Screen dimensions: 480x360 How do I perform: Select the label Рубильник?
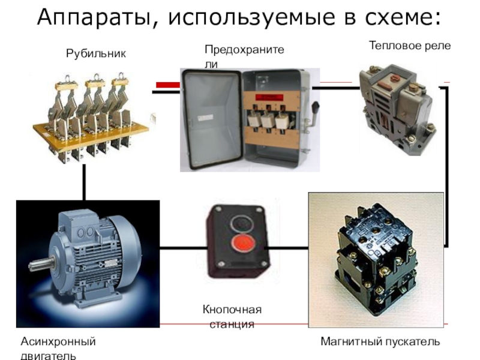click(x=96, y=54)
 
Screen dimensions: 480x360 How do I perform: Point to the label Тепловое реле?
click(x=409, y=46)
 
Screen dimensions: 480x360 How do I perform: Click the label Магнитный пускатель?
click(x=380, y=341)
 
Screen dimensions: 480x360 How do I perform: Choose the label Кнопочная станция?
click(x=232, y=317)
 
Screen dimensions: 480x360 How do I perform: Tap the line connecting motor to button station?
click(x=182, y=246)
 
